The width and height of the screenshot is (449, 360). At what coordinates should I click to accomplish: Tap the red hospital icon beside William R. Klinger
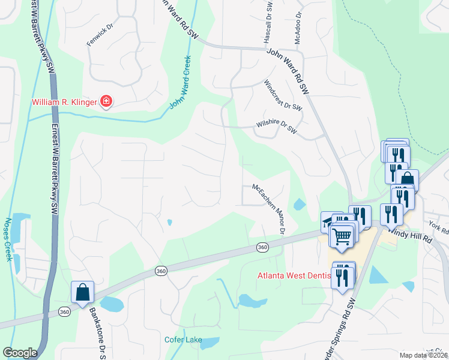106,101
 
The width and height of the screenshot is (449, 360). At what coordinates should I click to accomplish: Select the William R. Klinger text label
64,102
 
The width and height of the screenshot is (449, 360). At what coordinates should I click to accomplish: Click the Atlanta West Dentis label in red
294,276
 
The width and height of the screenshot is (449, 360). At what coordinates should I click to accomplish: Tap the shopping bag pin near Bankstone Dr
83,292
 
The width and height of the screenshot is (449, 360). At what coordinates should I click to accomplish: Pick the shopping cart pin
342,236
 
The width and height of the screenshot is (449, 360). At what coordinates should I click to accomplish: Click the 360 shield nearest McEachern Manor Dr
262,247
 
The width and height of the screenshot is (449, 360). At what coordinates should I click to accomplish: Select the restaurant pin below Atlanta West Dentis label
343,277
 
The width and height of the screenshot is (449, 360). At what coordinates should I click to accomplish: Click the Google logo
20,353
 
